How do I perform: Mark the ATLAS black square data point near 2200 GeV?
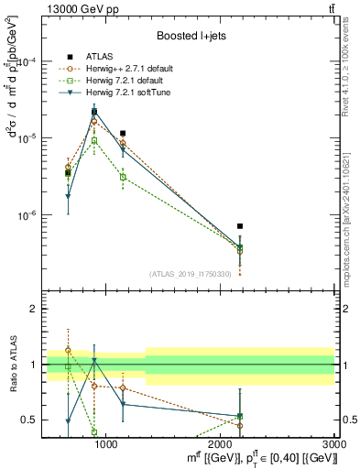pyautogui.click(x=240, y=225)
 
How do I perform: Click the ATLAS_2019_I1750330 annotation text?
pyautogui.click(x=190, y=273)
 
